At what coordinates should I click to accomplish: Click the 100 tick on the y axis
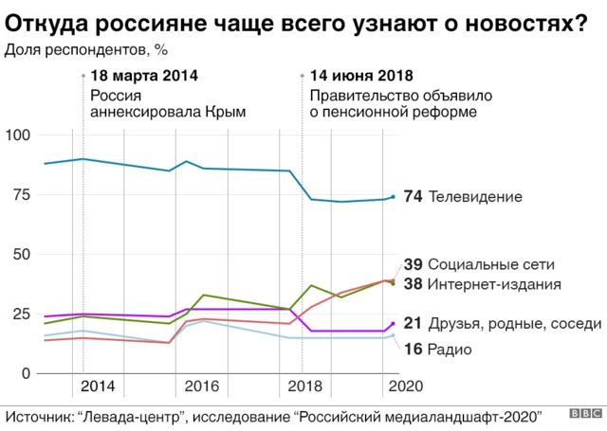(x=18, y=135)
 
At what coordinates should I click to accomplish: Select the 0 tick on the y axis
(x=27, y=373)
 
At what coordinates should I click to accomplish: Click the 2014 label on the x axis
(x=99, y=386)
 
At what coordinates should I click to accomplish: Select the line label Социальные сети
(x=491, y=264)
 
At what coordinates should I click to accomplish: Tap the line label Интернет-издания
(x=496, y=283)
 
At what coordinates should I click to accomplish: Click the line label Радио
(x=451, y=350)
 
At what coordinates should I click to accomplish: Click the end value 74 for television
(x=413, y=197)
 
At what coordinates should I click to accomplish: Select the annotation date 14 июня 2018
(x=361, y=76)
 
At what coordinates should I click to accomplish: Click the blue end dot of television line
(x=393, y=197)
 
